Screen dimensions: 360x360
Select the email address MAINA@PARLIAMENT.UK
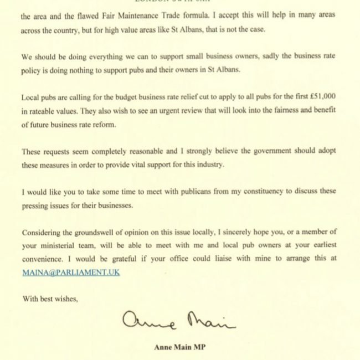(x=70, y=272)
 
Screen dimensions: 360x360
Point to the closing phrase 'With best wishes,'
(x=50, y=299)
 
